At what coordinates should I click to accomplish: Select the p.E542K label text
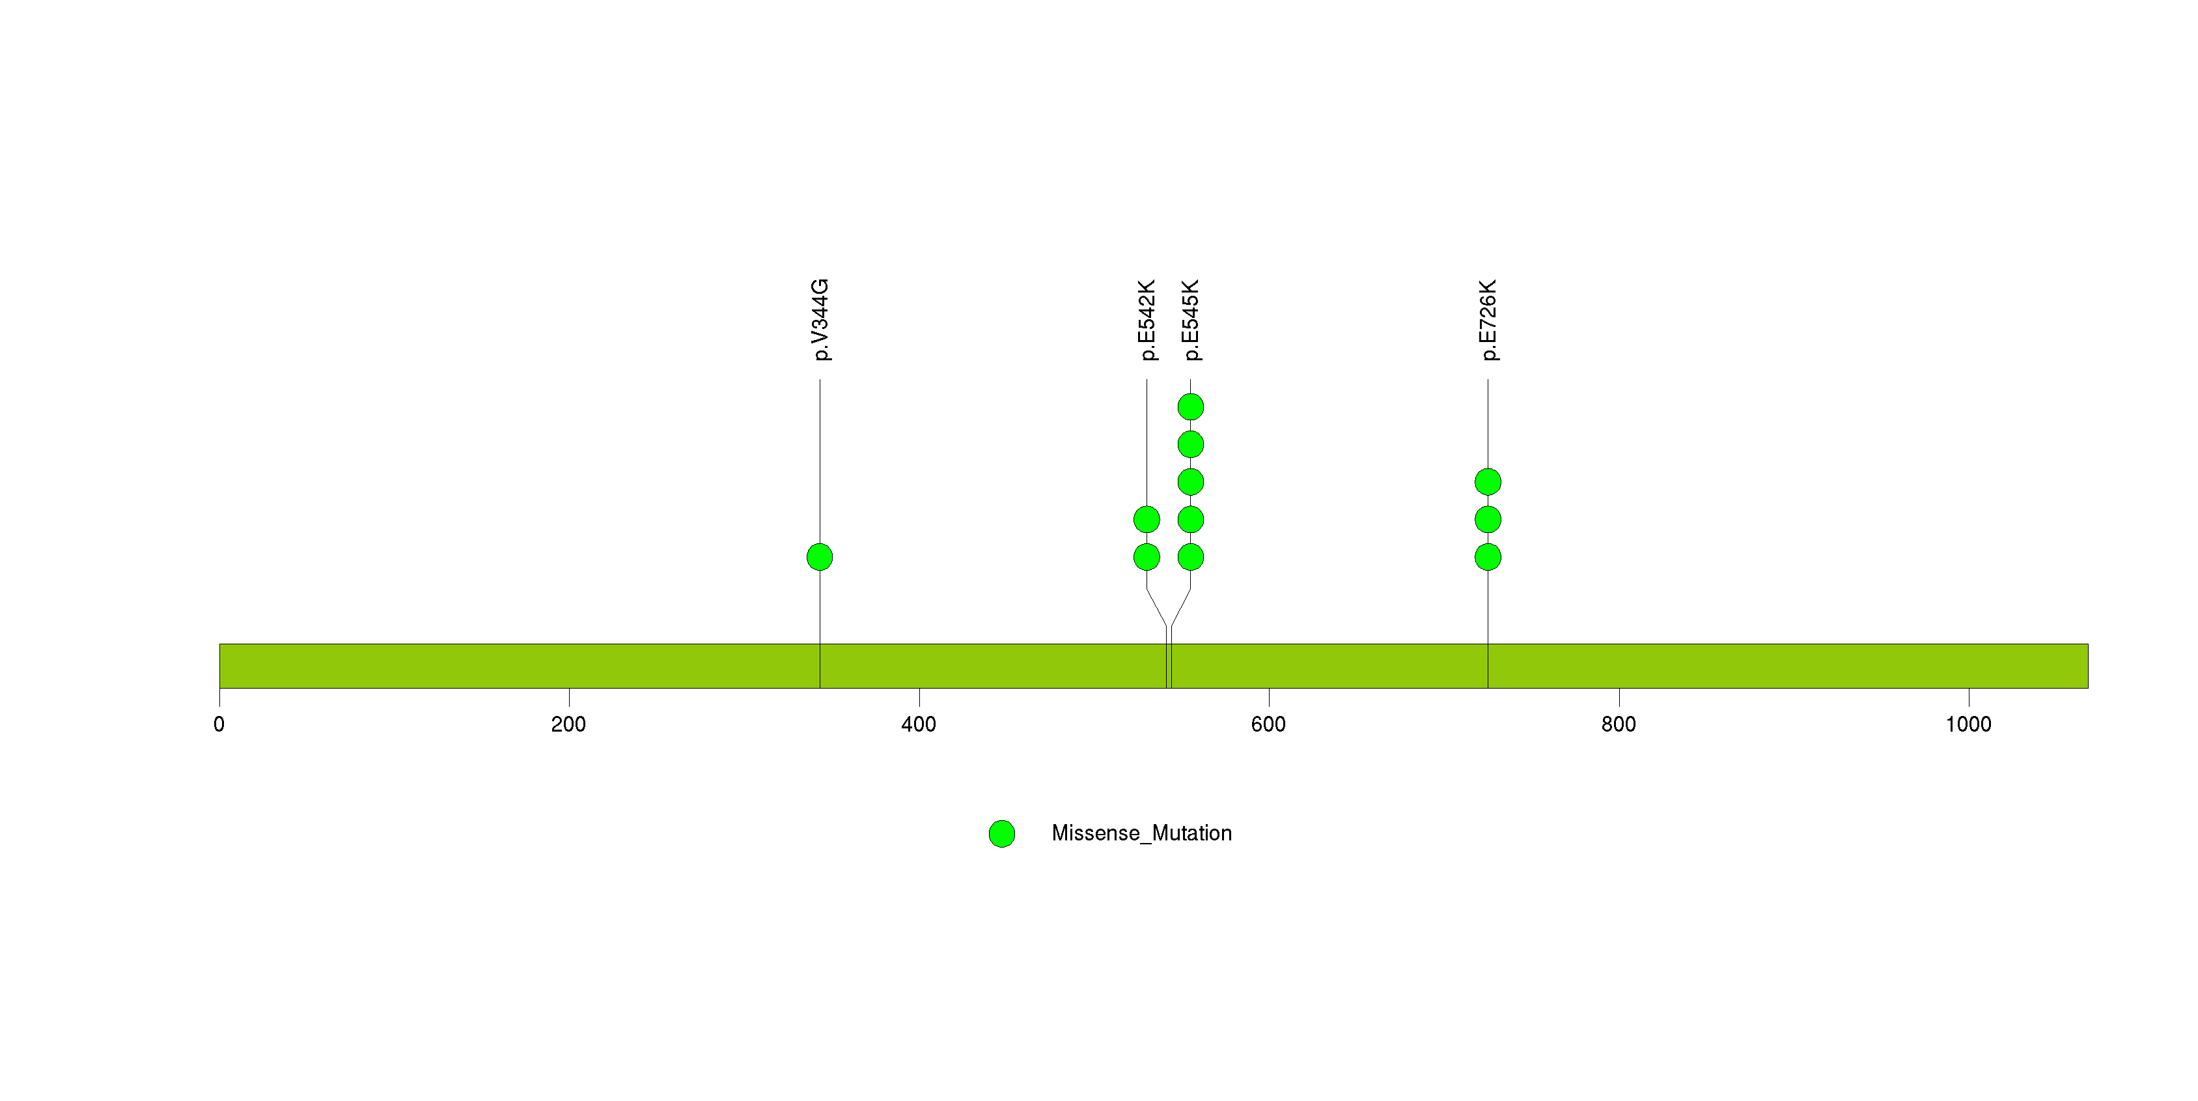(1148, 320)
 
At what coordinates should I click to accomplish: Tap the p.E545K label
(1192, 320)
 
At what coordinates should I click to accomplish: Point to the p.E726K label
(1489, 320)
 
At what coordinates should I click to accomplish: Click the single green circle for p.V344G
(820, 557)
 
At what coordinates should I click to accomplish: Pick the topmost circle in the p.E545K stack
(1191, 407)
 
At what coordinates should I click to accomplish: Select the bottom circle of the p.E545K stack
(1191, 557)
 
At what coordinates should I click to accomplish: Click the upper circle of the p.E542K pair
(1147, 520)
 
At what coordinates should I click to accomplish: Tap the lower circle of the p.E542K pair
(1147, 557)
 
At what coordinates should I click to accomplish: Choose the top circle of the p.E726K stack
(1488, 482)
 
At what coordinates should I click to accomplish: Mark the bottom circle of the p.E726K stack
(1488, 557)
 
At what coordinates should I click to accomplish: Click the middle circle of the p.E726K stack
(1488, 520)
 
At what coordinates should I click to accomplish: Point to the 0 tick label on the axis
(219, 724)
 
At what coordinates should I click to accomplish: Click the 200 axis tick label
(568, 724)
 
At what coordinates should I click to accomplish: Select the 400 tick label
(919, 724)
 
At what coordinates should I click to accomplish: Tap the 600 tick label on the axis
(1269, 724)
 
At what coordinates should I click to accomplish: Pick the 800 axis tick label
(1619, 724)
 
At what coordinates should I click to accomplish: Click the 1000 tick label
(1968, 724)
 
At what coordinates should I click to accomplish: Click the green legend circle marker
(1002, 834)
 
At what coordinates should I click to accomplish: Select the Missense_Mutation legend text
(1142, 833)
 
